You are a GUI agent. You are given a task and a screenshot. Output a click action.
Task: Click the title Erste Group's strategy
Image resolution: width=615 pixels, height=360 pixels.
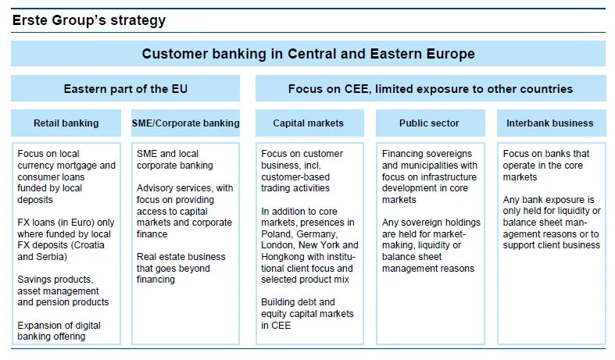pyautogui.click(x=89, y=20)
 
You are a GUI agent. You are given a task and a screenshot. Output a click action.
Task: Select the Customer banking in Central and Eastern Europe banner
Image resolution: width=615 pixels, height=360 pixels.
pyautogui.click(x=309, y=54)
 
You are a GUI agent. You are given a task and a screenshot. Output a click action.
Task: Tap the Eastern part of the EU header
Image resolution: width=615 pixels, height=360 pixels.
pyautogui.click(x=126, y=88)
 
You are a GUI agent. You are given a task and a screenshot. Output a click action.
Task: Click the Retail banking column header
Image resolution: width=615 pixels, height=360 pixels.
pyautogui.click(x=66, y=123)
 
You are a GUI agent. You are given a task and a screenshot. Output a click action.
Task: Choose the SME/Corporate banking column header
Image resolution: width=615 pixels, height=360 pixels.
pyautogui.click(x=185, y=123)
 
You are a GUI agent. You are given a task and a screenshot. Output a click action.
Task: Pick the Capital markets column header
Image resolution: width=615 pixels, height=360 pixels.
pyautogui.click(x=309, y=123)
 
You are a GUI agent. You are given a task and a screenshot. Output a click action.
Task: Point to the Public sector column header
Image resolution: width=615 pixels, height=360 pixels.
pyautogui.click(x=429, y=123)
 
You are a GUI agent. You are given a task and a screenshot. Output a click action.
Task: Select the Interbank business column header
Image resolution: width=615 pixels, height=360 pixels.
pyautogui.click(x=550, y=123)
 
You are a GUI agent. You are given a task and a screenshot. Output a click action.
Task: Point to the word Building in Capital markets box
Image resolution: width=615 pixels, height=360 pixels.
pyautogui.click(x=277, y=302)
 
